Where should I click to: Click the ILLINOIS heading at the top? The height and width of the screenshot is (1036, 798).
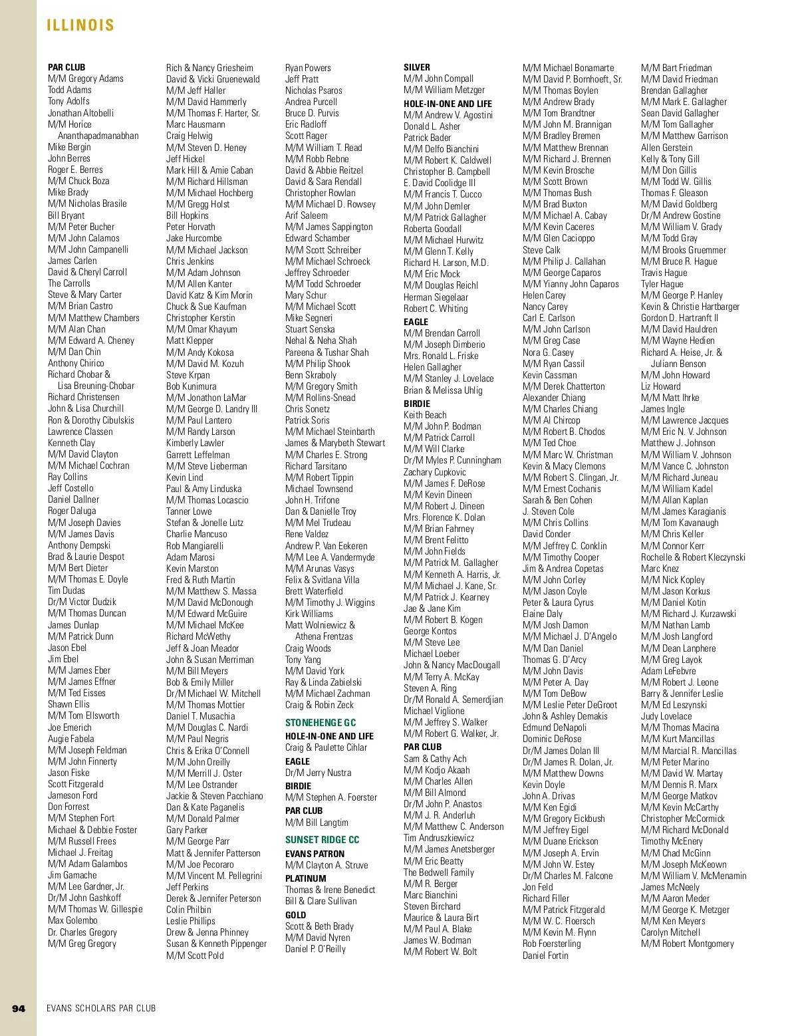click(x=80, y=25)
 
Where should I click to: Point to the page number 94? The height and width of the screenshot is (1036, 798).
click(x=19, y=1009)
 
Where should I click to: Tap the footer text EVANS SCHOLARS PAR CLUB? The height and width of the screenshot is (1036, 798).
click(x=101, y=1009)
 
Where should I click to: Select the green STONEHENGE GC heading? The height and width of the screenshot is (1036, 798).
click(x=321, y=723)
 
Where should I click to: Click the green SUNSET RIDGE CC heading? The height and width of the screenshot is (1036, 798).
click(x=322, y=840)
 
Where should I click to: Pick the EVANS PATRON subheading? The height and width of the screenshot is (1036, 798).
click(x=315, y=854)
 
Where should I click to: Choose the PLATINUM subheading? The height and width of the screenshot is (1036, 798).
click(x=305, y=878)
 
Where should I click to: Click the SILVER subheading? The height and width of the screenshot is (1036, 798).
click(x=416, y=67)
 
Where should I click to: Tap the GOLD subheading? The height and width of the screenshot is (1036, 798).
click(x=295, y=915)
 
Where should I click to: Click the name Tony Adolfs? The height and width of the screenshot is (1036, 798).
click(x=68, y=101)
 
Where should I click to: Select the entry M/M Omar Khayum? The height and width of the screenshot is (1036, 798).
click(x=201, y=329)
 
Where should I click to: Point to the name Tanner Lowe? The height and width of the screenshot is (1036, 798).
click(x=189, y=511)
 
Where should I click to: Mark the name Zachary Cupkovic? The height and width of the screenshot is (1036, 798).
click(x=435, y=472)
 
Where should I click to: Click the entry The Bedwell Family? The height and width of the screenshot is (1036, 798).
click(x=439, y=872)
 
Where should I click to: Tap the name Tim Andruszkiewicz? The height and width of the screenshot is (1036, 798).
click(x=439, y=838)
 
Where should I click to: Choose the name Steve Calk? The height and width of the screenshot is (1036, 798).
click(x=541, y=250)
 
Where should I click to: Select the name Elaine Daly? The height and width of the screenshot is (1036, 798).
click(x=542, y=614)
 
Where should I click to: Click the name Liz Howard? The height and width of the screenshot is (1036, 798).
click(x=660, y=386)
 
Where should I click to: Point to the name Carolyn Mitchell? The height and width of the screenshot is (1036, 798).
click(x=670, y=932)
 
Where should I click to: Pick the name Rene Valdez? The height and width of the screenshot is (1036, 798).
click(x=307, y=534)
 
